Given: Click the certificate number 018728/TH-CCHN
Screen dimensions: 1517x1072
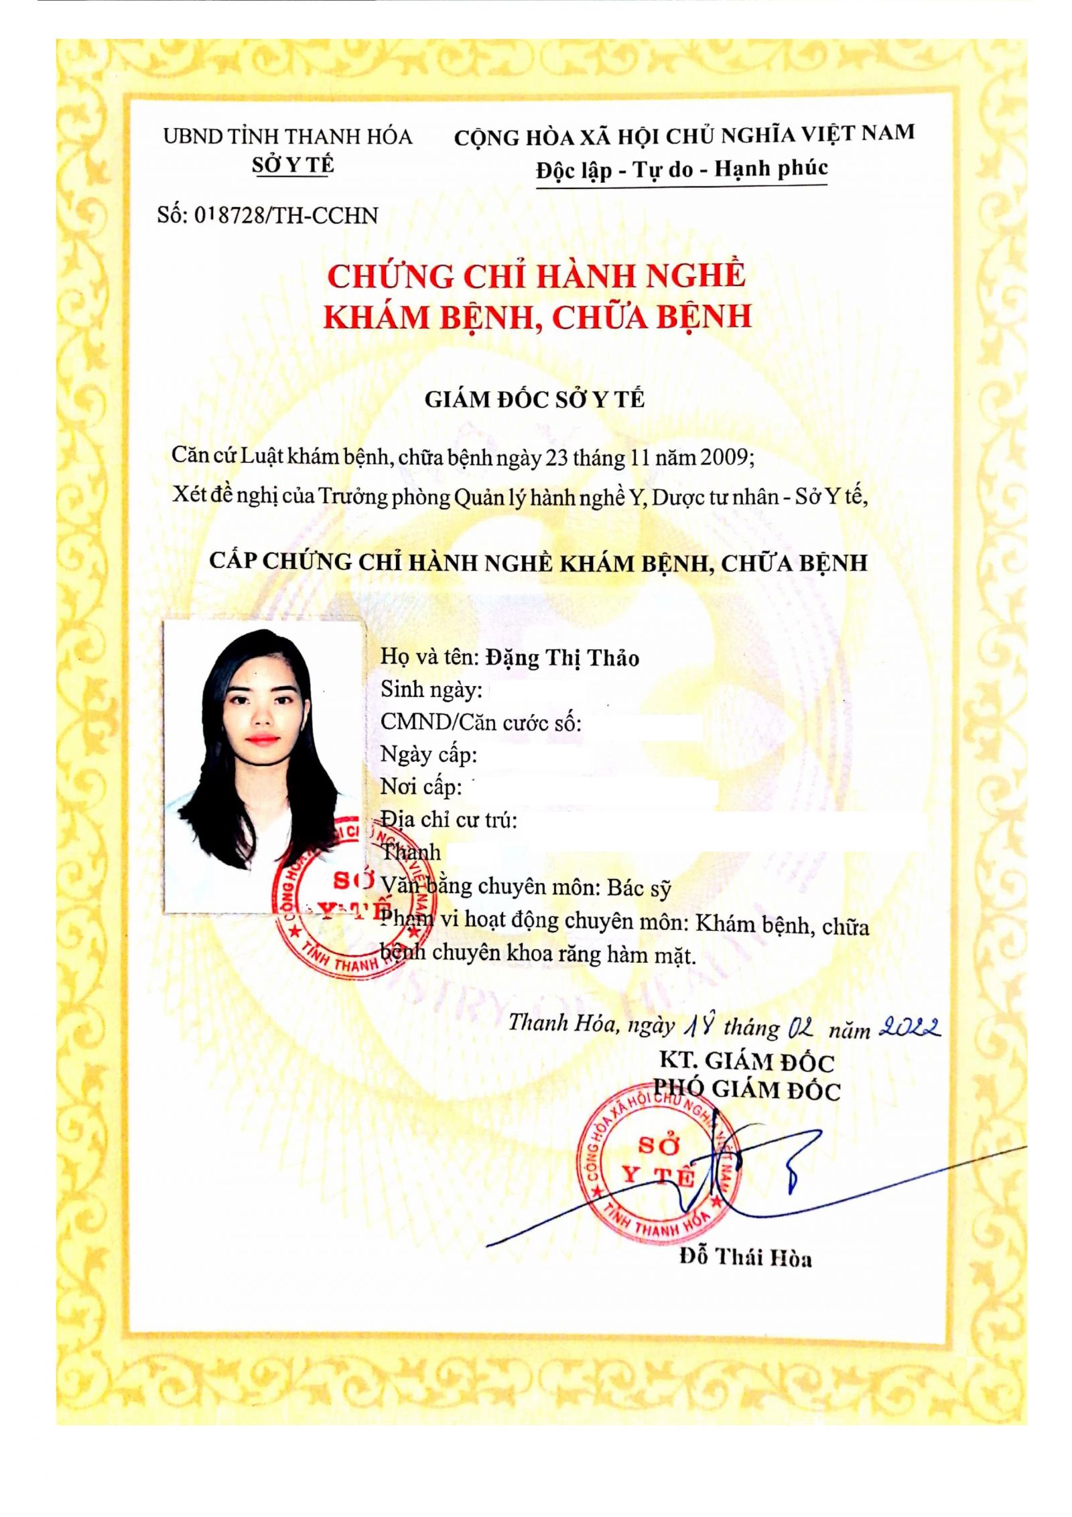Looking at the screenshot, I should click(286, 215).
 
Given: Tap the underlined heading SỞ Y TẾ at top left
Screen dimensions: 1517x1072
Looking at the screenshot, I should click(293, 165).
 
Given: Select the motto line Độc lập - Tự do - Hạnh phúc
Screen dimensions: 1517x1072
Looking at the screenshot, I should click(681, 170).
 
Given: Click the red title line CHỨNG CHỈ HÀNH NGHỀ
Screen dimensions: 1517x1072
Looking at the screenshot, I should click(536, 276).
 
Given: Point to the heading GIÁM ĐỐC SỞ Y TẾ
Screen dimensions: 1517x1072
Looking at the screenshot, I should click(534, 399).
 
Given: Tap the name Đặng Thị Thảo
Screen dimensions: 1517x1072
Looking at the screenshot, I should click(562, 658).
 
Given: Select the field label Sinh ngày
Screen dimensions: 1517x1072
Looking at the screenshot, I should click(431, 689).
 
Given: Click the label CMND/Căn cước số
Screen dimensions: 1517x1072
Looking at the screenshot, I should click(480, 722).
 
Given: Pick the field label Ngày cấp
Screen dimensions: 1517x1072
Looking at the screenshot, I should click(428, 754).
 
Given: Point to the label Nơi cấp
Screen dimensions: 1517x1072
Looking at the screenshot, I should click(421, 787).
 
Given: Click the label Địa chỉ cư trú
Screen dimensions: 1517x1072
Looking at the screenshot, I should click(449, 819).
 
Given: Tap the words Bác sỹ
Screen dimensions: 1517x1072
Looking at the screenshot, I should click(639, 888).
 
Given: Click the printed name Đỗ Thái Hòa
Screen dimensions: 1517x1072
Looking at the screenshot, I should click(745, 1257).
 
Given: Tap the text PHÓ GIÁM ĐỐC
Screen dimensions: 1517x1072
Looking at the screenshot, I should click(746, 1090).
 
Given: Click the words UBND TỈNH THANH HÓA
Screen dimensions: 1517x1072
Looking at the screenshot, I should click(287, 137).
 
